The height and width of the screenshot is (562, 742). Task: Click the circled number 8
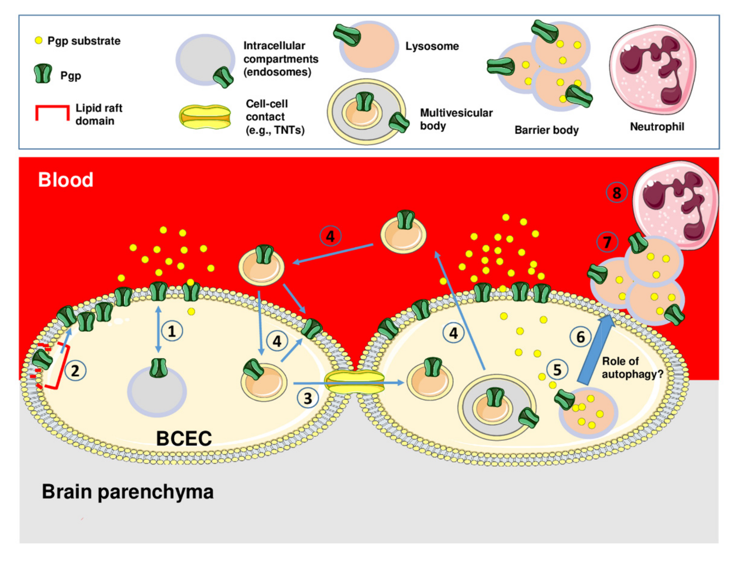pyautogui.click(x=617, y=193)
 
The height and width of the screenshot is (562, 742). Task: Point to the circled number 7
pyautogui.click(x=607, y=242)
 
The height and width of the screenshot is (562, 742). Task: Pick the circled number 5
pyautogui.click(x=557, y=370)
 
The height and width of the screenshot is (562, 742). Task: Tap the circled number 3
pyautogui.click(x=308, y=398)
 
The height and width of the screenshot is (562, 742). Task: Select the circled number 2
pyautogui.click(x=75, y=371)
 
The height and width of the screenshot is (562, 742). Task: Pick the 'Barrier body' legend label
pyautogui.click(x=546, y=130)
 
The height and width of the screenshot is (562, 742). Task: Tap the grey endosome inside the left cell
pyautogui.click(x=157, y=393)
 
